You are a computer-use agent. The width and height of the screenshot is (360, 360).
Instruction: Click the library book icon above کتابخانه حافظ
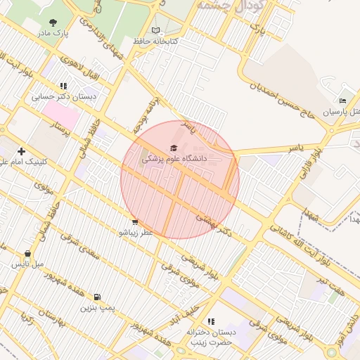tap(155, 31)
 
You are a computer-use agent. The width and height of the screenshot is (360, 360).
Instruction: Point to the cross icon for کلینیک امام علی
tap(22, 150)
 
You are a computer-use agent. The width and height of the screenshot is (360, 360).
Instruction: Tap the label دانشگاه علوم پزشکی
tap(175, 158)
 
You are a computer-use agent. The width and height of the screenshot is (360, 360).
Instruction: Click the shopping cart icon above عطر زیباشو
tap(135, 221)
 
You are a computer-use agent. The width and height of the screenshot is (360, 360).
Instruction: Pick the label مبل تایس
tap(27, 264)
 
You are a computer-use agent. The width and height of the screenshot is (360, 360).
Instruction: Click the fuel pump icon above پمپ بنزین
tap(96, 297)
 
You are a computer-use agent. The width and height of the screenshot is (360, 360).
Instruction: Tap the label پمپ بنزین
tap(96, 307)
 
